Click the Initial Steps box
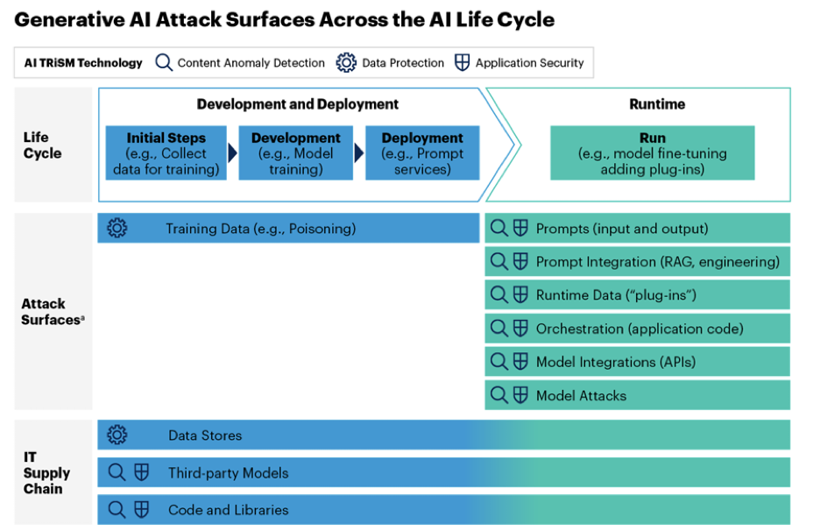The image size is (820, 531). [166, 153]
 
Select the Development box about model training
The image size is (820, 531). [295, 153]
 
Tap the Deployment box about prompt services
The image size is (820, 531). [422, 153]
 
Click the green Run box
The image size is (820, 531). [652, 153]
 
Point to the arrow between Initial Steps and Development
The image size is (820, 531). [232, 153]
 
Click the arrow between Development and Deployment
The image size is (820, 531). [358, 153]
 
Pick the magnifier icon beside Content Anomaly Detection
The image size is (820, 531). [163, 63]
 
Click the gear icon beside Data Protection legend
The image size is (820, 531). [346, 63]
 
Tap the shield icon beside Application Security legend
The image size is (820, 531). [462, 63]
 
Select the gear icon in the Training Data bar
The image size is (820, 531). [117, 229]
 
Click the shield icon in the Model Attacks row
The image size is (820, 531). [520, 395]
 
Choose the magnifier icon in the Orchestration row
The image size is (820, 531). [498, 329]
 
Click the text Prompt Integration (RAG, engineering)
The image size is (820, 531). [657, 262]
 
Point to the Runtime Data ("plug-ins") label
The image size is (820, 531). [616, 295]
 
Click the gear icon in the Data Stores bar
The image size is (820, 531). [117, 435]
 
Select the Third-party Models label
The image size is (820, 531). [228, 473]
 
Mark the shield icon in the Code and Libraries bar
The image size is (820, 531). [140, 510]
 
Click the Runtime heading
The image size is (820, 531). [657, 104]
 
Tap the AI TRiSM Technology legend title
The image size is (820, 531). [83, 63]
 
